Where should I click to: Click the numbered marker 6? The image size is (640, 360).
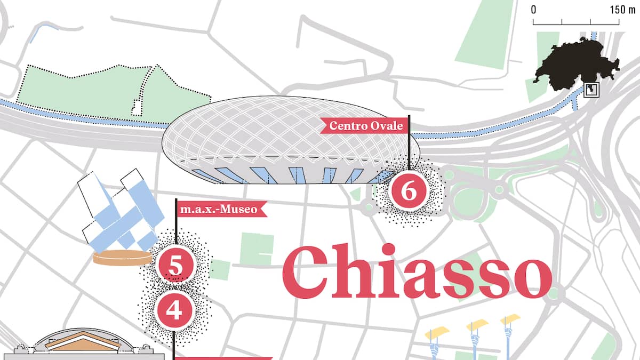coord(409,191)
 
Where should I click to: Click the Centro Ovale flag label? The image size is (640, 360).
coord(365,126)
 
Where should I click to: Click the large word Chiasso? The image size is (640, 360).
coord(416,274)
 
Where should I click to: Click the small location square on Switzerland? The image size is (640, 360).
coord(591,90)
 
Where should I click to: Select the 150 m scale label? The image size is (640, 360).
coord(622,10)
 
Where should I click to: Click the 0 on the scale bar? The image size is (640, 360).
coord(533,10)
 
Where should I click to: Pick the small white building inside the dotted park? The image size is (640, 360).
coord(138,107)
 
